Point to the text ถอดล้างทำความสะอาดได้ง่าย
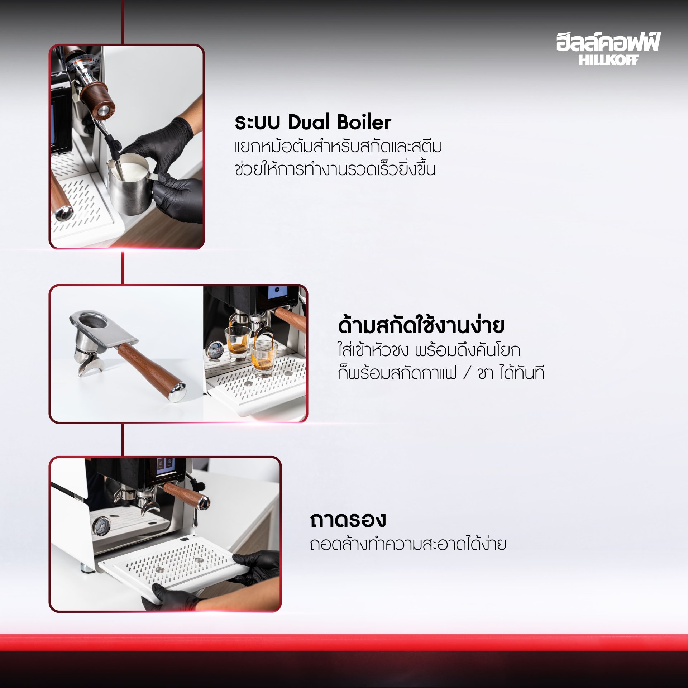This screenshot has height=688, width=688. (408, 543)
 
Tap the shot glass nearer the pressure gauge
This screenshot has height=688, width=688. (238, 341)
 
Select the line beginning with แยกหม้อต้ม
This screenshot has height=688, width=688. (338, 146)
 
